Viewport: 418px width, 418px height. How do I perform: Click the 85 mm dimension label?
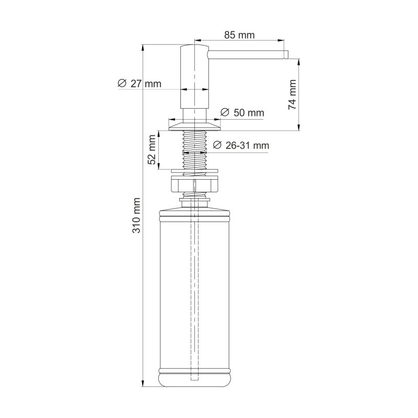coord(239,36)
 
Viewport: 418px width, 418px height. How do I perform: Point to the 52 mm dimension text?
coord(152,150)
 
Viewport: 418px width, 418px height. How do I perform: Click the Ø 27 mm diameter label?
coord(140,84)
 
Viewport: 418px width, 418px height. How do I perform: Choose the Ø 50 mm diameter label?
coord(242,113)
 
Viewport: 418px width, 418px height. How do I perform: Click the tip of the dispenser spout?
coord(286,54)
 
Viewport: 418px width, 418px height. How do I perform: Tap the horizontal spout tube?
coord(246,54)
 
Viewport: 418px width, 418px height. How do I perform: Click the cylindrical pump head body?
coord(194,78)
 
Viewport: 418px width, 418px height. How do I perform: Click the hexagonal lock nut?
coord(194,185)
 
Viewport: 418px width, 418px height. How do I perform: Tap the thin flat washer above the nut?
coord(194,170)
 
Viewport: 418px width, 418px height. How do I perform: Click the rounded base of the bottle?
coord(194,379)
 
